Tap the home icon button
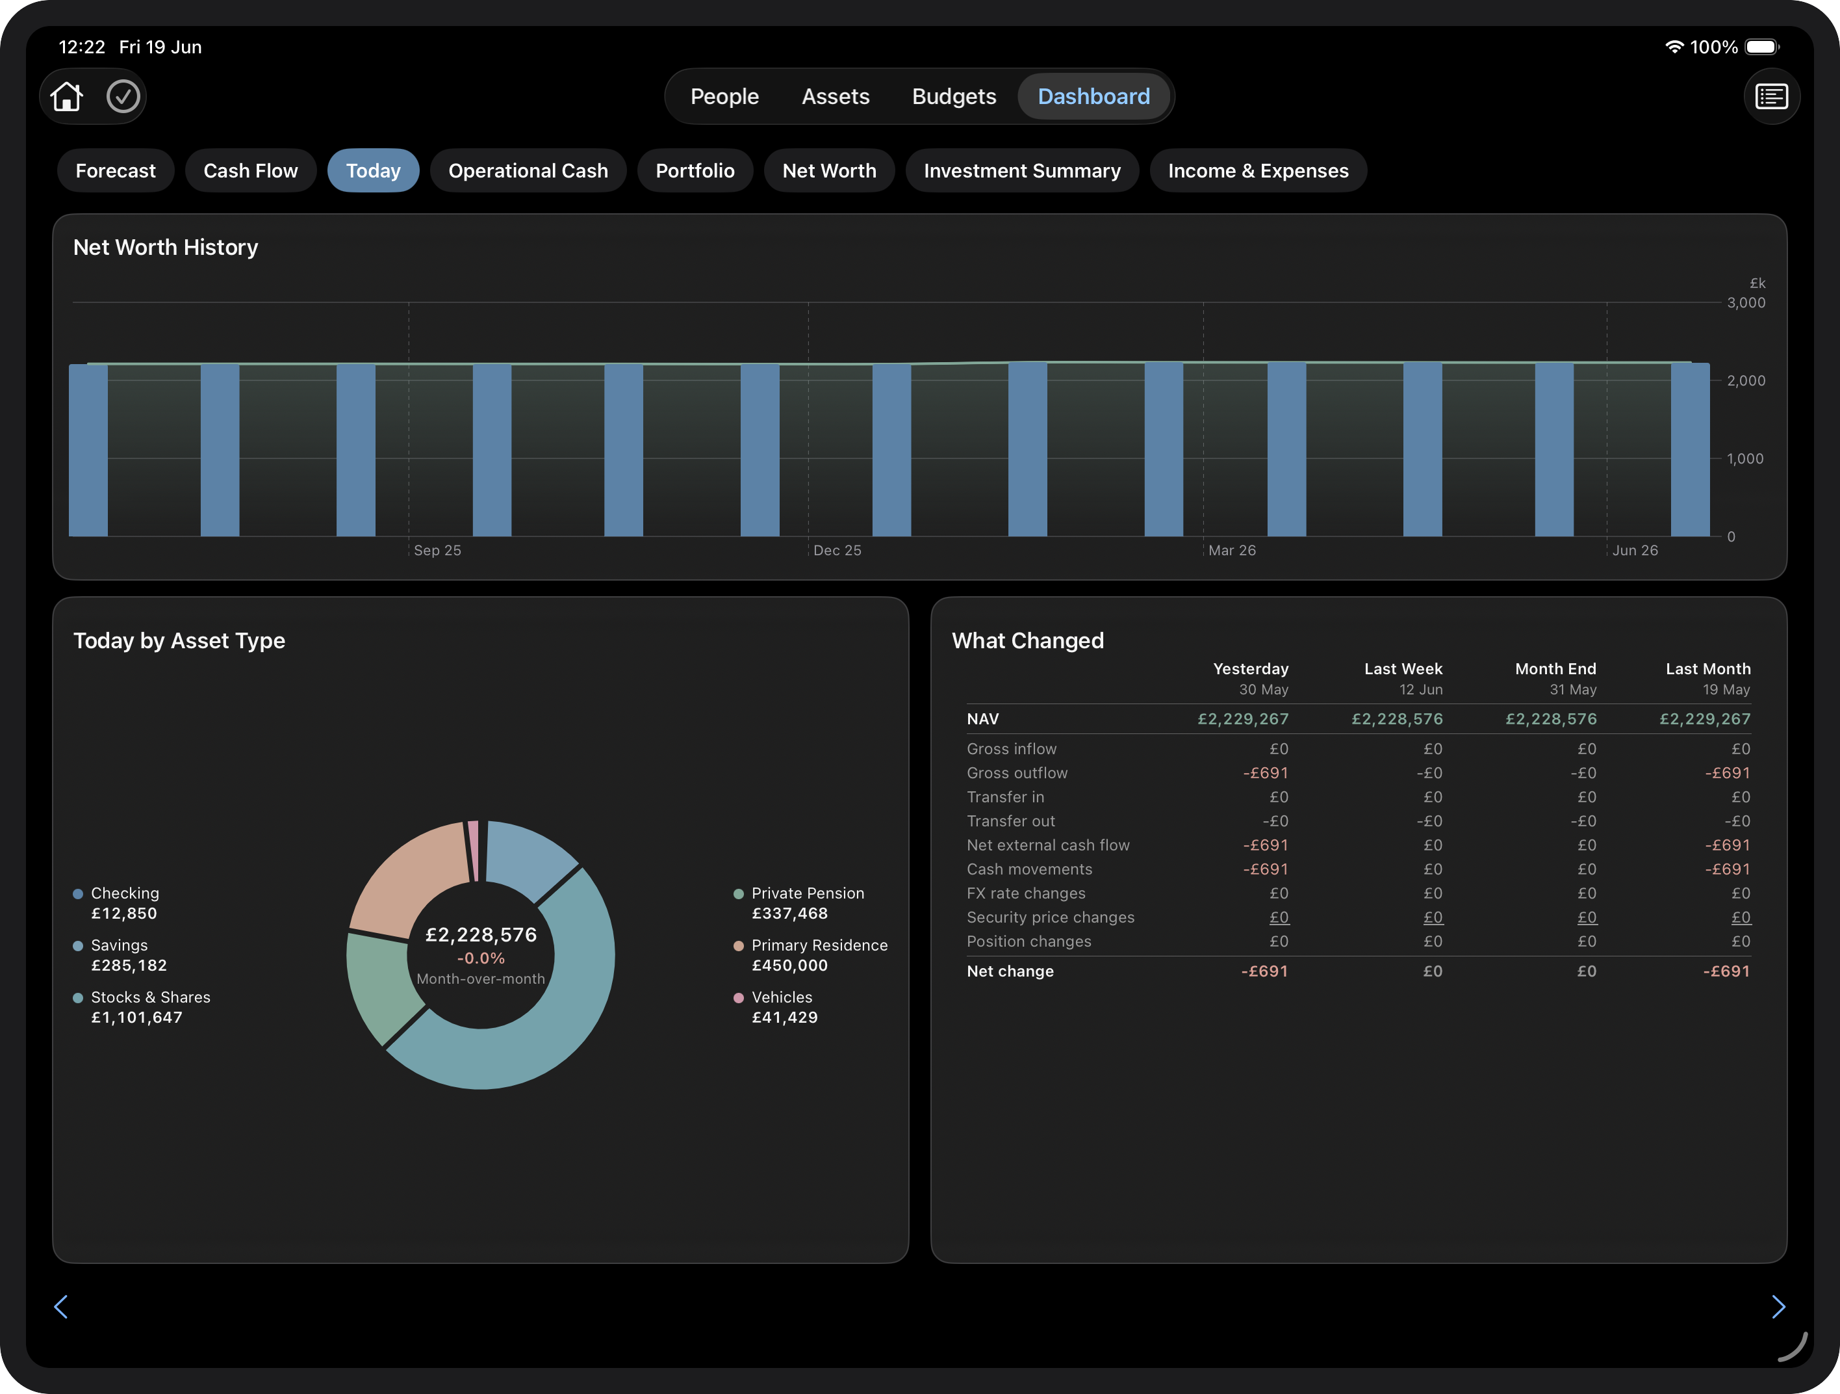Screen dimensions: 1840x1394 (x=66, y=96)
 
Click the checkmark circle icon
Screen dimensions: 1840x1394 (x=123, y=96)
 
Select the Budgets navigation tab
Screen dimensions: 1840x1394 (x=953, y=96)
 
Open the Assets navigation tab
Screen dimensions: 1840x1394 (x=835, y=96)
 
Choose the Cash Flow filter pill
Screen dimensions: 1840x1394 (x=250, y=170)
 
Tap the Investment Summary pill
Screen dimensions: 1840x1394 (x=1021, y=170)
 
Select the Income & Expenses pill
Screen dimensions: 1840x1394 (x=1258, y=170)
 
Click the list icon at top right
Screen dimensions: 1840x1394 (x=1771, y=96)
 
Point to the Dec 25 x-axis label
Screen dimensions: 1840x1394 (x=837, y=550)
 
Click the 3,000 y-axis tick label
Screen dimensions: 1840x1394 (x=1745, y=303)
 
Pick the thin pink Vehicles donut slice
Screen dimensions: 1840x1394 (x=473, y=849)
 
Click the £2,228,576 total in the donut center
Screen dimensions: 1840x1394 (x=481, y=934)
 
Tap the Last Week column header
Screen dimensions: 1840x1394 (x=1403, y=669)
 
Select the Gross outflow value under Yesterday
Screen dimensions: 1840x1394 (x=1265, y=773)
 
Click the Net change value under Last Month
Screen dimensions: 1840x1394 (x=1727, y=971)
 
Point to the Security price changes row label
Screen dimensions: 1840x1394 (x=1051, y=917)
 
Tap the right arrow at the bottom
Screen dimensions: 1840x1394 (x=1778, y=1307)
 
